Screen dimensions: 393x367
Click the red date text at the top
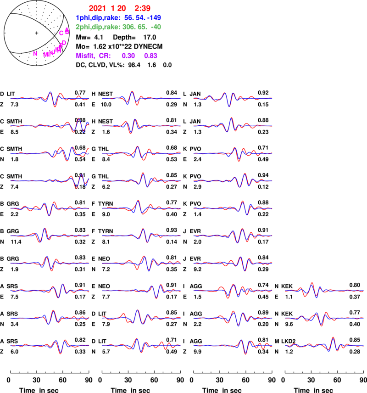pos(119,8)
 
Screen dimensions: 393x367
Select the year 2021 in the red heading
pos(97,8)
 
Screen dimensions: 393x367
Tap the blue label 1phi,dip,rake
pos(98,18)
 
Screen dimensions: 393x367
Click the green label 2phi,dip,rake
pos(98,27)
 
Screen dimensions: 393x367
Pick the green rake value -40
pos(155,27)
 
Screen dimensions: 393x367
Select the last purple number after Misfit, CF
pos(150,56)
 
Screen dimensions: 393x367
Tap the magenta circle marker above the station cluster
pos(61,33)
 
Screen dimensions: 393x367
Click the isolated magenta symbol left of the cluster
pos(35,54)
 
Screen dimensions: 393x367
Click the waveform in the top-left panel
pos(50,98)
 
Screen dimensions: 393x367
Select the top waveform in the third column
pos(233,98)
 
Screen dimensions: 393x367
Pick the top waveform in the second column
pos(141,98)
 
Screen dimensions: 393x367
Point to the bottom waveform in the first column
pos(50,345)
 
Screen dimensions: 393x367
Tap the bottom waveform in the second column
pos(141,345)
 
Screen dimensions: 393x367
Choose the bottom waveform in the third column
pos(233,345)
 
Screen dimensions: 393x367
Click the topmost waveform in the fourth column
pos(324,291)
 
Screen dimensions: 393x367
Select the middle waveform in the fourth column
pos(324,318)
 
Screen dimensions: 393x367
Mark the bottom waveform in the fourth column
pos(324,345)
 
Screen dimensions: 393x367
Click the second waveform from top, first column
pos(50,125)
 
